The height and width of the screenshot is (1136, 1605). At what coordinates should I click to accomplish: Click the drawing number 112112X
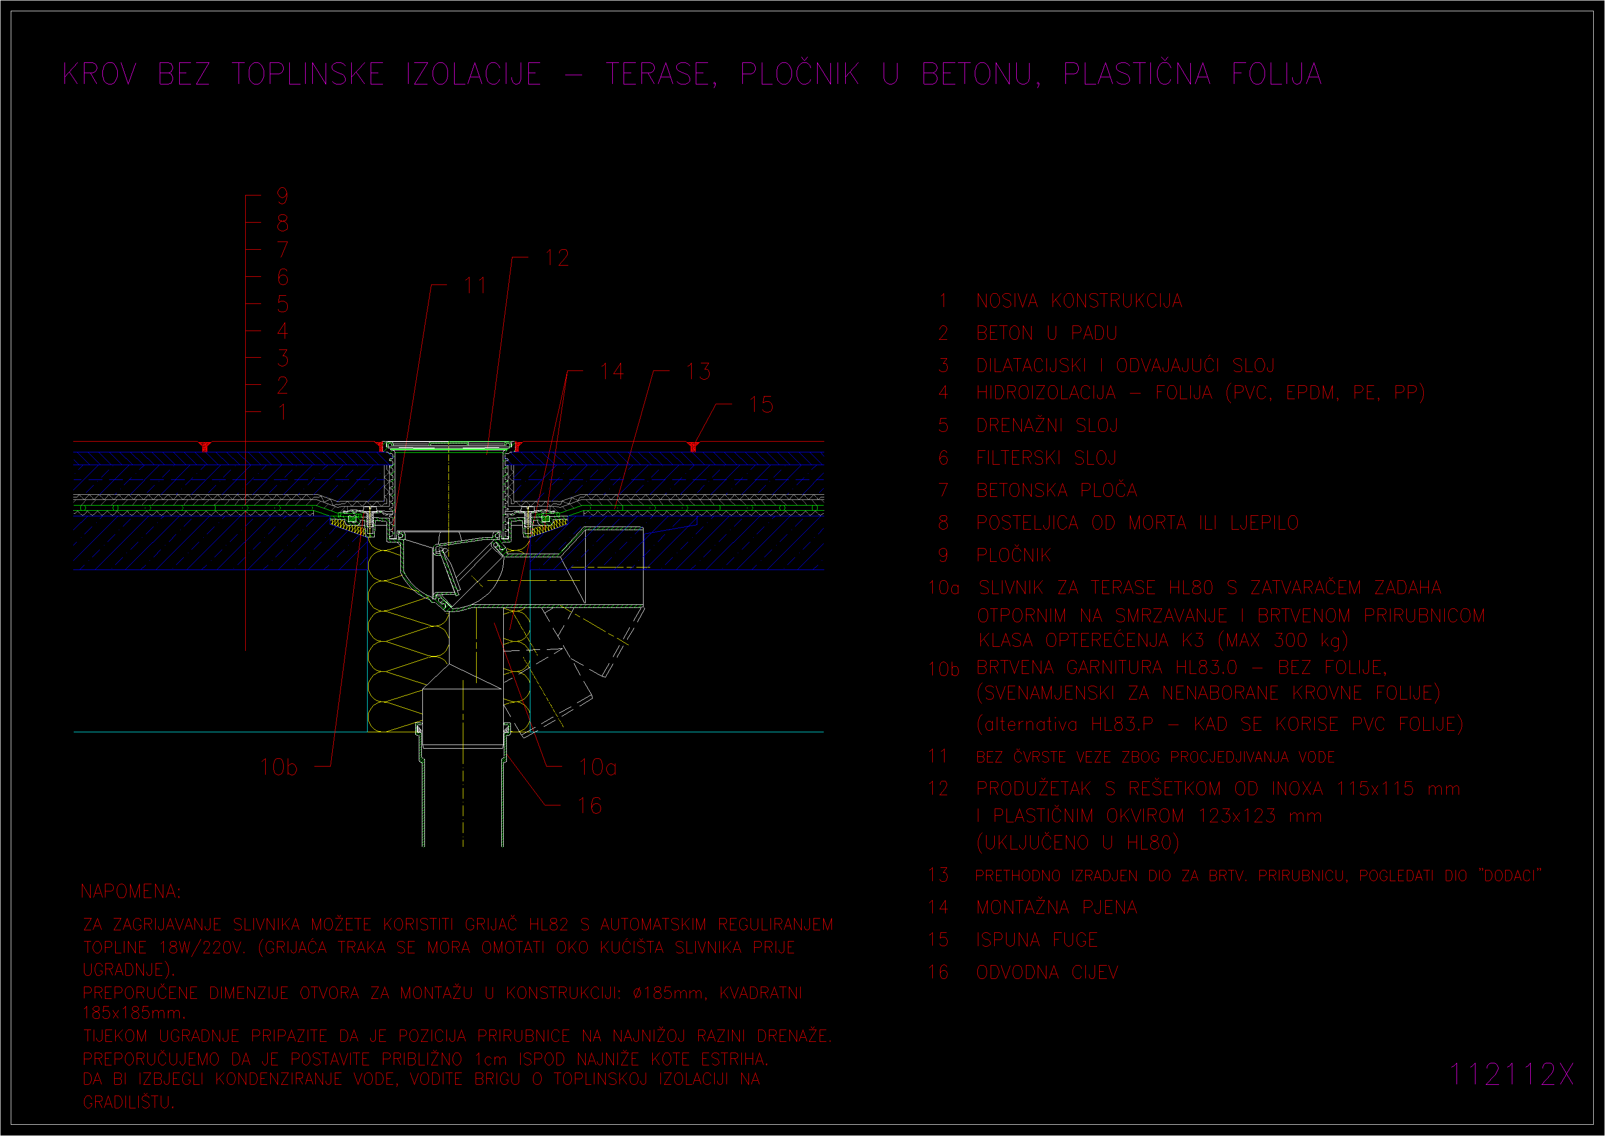pos(1511,1074)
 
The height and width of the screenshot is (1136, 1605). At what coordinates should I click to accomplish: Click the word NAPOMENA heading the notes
pos(130,891)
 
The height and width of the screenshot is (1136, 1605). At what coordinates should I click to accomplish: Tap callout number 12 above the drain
pos(557,258)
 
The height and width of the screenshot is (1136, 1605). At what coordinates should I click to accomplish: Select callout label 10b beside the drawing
pos(279,768)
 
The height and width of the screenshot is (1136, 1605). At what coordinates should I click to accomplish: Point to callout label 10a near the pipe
pos(597,768)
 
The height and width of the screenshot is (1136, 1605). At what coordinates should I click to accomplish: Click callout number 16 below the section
pos(590,806)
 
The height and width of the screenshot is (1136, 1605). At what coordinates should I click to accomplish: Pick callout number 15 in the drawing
pos(761,404)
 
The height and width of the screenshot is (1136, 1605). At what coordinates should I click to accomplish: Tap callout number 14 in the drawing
pos(612,371)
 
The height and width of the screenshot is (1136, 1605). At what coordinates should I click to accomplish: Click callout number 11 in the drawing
pos(476,286)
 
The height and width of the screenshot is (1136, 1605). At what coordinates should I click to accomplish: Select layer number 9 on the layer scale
pos(283,196)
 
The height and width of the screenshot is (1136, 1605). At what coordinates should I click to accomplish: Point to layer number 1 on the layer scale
pos(283,412)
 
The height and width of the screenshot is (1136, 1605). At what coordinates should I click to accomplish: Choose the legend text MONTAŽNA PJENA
pos(1057,907)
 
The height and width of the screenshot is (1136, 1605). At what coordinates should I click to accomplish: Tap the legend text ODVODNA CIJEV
pos(1047,972)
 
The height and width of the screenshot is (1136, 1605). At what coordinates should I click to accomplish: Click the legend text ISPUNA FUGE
pos(1037,940)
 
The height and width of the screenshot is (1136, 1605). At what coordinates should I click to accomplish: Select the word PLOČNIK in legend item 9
pos(1014,555)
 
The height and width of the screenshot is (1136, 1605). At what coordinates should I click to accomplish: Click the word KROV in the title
pos(100,74)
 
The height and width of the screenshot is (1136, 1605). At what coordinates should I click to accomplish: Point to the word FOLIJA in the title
pos(1277,74)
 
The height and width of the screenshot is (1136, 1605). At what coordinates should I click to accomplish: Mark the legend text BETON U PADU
pos(1046,333)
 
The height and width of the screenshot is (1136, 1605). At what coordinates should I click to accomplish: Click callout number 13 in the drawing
pos(698,371)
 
